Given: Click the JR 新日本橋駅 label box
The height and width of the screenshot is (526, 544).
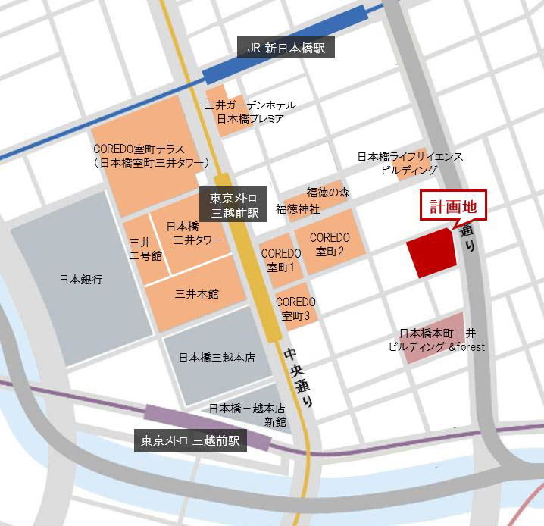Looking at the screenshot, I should point(286,48).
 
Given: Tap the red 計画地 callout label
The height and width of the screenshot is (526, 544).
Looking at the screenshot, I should point(452,207).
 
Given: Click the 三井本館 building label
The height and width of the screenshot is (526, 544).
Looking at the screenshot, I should point(196,293).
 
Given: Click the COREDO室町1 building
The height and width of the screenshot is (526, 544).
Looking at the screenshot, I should point(282,260).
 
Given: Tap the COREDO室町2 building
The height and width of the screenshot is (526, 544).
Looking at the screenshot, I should point(330,243).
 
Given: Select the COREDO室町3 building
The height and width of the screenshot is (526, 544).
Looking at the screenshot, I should point(295,308).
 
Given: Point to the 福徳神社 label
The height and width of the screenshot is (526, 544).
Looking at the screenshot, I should point(298,208).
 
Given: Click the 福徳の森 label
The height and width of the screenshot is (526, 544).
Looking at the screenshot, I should point(328,193).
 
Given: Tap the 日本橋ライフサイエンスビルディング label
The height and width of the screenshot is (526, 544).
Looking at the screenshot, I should point(410,164).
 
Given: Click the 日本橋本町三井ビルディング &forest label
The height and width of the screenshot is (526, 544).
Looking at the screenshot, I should point(436,340).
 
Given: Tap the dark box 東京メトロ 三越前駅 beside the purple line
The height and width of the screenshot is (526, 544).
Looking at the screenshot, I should point(191,440).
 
